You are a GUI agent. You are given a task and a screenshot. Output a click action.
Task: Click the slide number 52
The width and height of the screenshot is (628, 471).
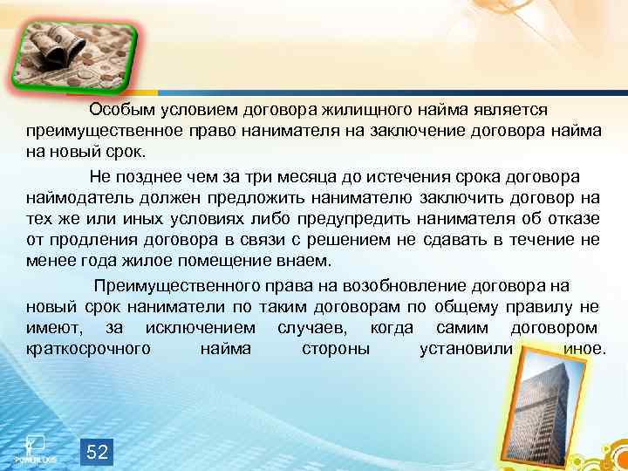tap(98, 451)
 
